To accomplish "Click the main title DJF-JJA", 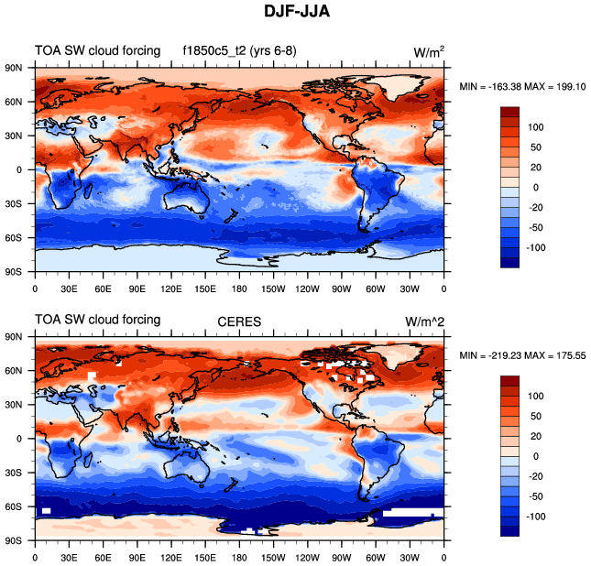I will click(296, 14).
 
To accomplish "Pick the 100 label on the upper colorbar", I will click(536, 126).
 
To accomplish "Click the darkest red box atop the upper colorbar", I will click(511, 112).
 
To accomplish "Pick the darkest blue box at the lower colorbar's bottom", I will click(511, 530).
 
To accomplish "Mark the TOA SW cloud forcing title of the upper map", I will click(98, 51).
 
